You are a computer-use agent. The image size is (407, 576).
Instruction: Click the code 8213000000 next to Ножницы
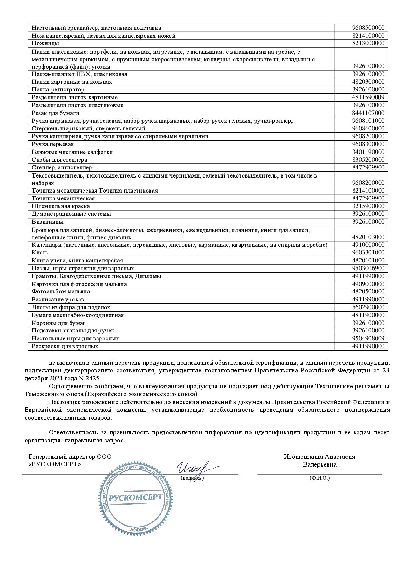coord(368,43)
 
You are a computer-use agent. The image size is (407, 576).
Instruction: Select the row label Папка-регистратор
coord(58,90)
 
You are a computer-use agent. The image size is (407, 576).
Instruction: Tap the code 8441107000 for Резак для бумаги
coord(368,113)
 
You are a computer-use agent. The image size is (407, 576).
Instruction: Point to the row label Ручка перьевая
coord(53,144)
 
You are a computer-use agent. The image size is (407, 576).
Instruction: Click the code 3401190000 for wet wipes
coord(368,152)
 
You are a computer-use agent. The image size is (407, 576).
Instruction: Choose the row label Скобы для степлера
coord(59,160)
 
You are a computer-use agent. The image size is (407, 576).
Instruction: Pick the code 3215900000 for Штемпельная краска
coord(368,206)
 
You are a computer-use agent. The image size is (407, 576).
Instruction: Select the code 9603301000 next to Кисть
coord(368,253)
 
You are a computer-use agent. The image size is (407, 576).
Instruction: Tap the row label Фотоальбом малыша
coord(61,292)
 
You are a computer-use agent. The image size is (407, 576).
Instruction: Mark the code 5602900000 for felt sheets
coord(368,307)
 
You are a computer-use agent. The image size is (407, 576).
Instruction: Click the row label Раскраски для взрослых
coord(65,346)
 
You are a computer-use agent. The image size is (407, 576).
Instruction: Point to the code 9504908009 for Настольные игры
coord(368,338)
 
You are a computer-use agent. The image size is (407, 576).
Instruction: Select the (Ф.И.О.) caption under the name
coord(320,478)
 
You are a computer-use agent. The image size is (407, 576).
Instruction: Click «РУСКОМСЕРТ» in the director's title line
coord(55,464)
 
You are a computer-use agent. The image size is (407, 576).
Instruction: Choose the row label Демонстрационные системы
coord(71,214)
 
